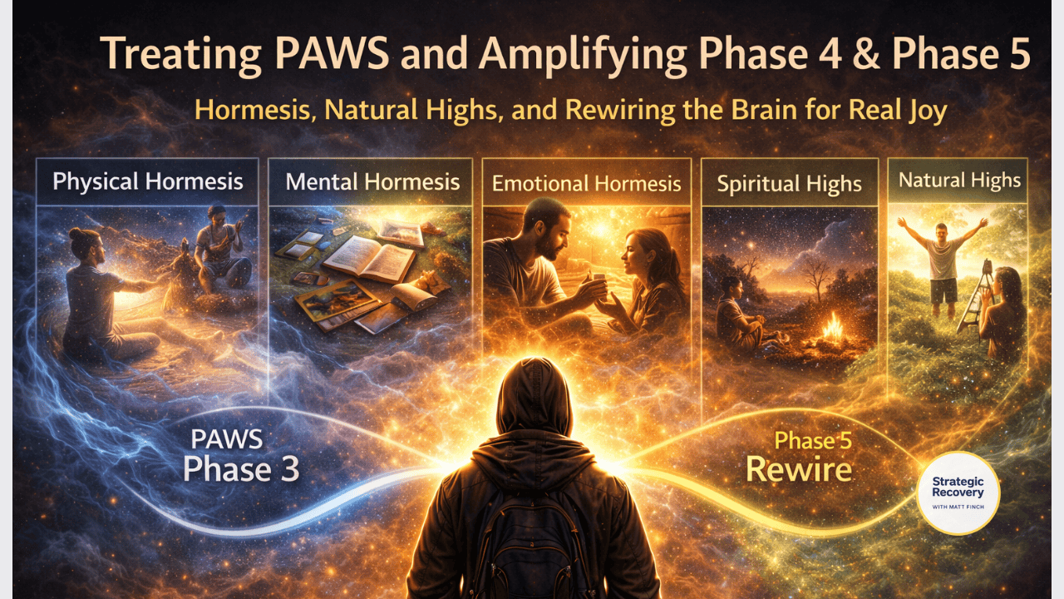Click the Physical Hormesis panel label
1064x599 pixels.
(148, 181)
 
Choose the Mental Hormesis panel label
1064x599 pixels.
(372, 181)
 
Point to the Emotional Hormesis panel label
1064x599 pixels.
(586, 184)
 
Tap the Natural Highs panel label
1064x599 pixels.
(959, 181)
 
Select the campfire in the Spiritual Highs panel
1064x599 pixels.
(832, 330)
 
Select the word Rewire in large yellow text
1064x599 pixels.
(799, 469)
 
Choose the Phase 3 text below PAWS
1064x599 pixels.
(241, 468)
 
